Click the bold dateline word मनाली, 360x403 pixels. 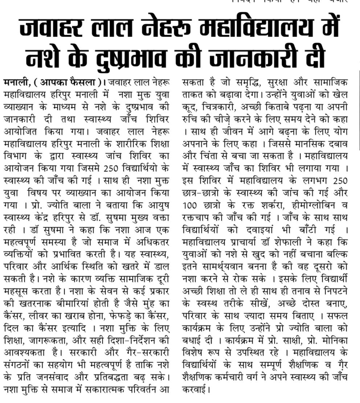[x=18, y=82]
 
